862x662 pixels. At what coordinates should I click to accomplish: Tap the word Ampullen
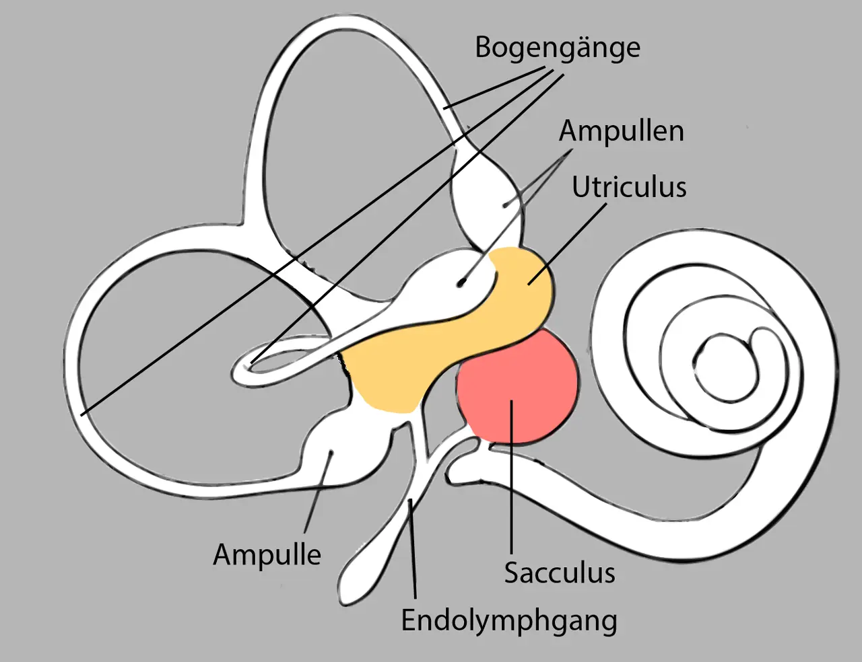621,131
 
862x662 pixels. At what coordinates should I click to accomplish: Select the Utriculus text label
629,187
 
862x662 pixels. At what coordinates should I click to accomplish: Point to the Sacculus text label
560,573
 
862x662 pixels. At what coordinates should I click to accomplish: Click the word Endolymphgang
509,620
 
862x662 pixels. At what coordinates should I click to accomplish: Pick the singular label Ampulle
267,555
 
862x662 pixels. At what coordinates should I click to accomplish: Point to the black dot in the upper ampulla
505,203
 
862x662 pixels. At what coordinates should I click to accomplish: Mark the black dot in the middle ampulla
461,283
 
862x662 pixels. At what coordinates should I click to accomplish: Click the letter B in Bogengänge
484,47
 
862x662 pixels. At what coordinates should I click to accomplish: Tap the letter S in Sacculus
512,573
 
